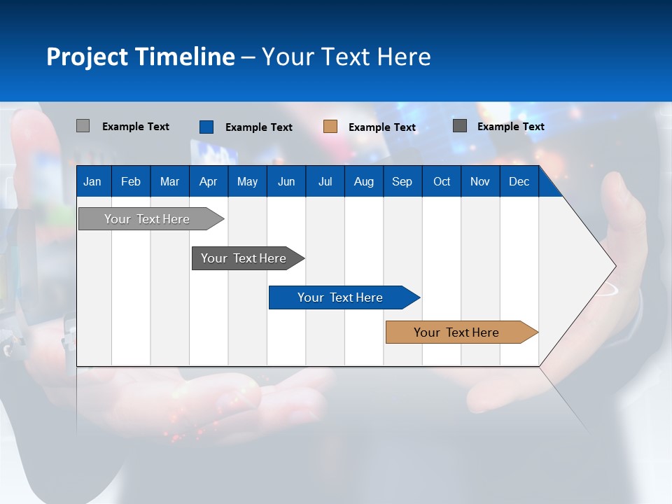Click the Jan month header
(92, 182)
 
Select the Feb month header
(131, 182)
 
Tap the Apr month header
(209, 182)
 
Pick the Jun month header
(286, 182)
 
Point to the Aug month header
(364, 182)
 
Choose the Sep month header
(402, 182)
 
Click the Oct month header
(442, 182)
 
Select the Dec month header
(519, 182)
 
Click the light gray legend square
(83, 126)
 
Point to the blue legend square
(206, 127)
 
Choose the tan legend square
(330, 127)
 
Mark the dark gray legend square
(460, 126)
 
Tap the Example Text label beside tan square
(382, 127)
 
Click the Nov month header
(480, 182)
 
